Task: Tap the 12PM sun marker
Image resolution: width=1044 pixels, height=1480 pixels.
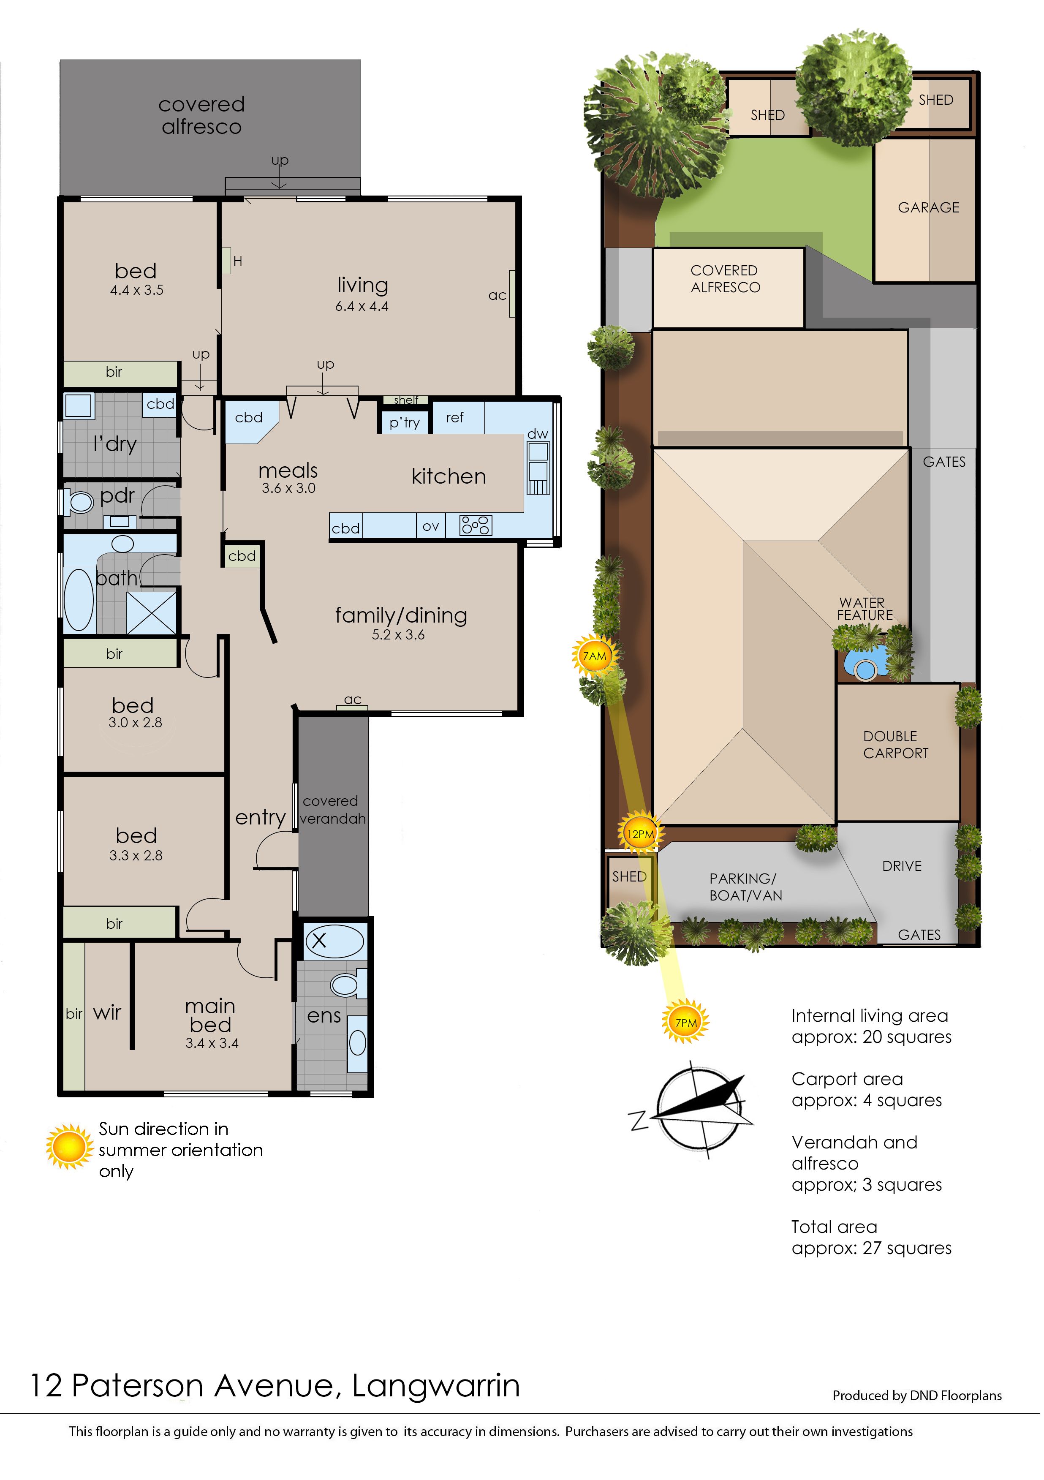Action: coord(641,834)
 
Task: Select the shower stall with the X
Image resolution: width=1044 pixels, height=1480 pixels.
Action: coord(152,613)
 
